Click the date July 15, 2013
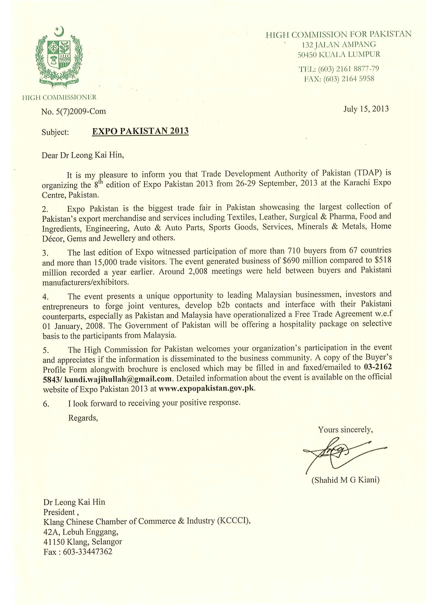(x=366, y=109)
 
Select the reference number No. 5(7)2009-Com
(x=73, y=111)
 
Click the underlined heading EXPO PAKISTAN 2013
(x=140, y=131)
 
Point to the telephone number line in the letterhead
(x=339, y=69)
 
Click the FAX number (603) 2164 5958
(x=348, y=79)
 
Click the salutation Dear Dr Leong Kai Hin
(x=83, y=155)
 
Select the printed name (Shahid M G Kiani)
(x=345, y=480)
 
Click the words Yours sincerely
(x=345, y=430)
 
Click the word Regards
(x=83, y=418)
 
